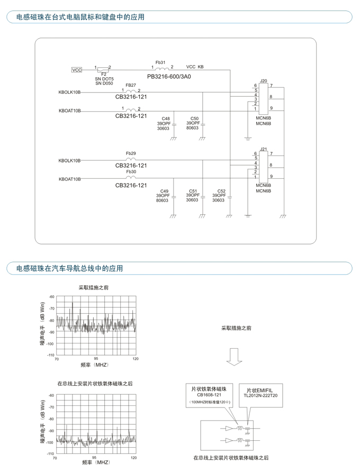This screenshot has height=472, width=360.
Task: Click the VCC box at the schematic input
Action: click(x=77, y=70)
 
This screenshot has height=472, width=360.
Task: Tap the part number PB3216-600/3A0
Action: click(x=169, y=76)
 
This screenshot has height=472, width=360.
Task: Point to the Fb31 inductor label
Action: click(x=160, y=62)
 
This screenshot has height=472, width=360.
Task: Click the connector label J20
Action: click(x=263, y=81)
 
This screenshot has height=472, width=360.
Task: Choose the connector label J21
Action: click(x=263, y=149)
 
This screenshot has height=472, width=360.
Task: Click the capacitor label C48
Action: click(x=166, y=119)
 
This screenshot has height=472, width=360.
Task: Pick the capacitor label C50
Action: click(x=194, y=119)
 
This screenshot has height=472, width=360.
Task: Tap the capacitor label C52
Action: click(x=221, y=191)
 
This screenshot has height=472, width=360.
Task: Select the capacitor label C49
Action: click(x=164, y=191)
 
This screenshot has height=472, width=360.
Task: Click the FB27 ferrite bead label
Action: click(x=131, y=85)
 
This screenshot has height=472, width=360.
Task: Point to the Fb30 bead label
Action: click(x=131, y=171)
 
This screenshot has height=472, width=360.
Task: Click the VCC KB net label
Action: click(x=195, y=67)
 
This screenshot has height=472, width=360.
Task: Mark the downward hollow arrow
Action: click(x=234, y=357)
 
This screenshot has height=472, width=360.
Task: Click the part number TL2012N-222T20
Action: click(x=260, y=396)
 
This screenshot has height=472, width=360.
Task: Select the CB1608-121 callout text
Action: click(x=209, y=395)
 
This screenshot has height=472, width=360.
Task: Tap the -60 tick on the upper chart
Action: click(x=52, y=297)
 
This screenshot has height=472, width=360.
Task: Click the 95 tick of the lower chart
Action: click(x=94, y=457)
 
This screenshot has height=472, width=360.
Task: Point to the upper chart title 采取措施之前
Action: click(x=93, y=288)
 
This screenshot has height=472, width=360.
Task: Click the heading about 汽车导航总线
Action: click(x=69, y=268)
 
